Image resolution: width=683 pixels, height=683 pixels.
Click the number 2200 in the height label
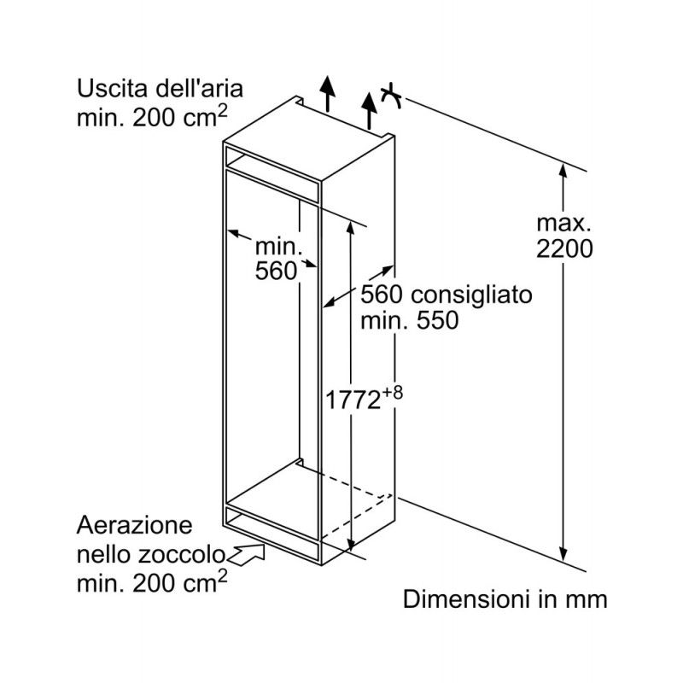click(564, 249)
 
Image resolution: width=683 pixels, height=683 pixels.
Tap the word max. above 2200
click(563, 224)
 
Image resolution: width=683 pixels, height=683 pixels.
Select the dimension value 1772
click(353, 400)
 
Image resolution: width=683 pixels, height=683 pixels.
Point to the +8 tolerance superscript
click(393, 394)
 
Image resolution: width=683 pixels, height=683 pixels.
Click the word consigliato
click(472, 295)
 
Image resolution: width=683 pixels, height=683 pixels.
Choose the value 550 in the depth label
click(438, 321)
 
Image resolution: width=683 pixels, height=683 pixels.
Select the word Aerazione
click(135, 525)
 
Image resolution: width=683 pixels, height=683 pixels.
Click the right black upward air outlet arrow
click(370, 111)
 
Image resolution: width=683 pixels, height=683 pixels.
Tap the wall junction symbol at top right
click(391, 96)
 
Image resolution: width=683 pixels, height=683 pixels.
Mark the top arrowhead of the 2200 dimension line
click(563, 170)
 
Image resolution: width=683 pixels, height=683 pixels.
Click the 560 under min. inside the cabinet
click(276, 271)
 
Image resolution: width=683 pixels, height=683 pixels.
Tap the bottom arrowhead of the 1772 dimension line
click(351, 544)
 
